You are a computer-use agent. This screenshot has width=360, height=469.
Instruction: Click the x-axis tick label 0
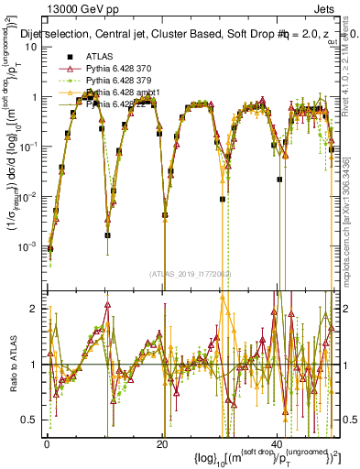(x=47, y=444)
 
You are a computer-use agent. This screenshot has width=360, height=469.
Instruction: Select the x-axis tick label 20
(x=161, y=444)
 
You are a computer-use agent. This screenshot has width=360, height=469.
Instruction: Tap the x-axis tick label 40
(x=277, y=444)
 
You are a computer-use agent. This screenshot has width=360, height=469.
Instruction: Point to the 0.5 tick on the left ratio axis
(x=30, y=420)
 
